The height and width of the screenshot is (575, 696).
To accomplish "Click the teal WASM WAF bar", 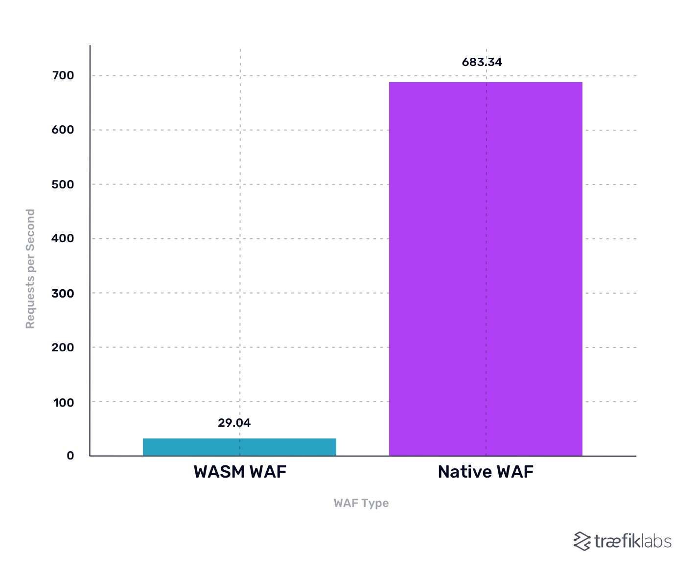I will (239, 447).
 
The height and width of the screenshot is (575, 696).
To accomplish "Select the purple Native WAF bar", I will (486, 269).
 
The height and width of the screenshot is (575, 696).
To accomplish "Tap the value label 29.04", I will (234, 423).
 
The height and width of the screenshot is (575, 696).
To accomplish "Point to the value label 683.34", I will (482, 62).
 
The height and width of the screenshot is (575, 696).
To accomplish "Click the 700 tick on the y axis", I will (63, 75).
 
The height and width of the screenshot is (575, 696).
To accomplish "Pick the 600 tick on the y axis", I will (63, 130).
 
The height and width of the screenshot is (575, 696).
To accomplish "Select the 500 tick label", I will (63, 184).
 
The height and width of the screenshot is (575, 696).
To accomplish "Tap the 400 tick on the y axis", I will (63, 238).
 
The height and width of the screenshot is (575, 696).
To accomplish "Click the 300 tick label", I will (63, 293).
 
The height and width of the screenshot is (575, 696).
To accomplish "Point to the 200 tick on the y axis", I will (63, 347).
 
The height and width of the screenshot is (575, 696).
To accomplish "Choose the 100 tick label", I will (64, 402).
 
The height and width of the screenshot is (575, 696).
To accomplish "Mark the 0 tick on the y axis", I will (70, 456).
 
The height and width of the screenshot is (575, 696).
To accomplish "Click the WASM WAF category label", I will (240, 472).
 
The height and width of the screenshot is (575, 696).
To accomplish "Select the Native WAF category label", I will (486, 472).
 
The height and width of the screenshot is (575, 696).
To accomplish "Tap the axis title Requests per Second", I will (30, 269).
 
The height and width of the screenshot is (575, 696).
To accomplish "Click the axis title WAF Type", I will (361, 503).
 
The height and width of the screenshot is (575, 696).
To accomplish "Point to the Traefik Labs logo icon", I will (582, 541).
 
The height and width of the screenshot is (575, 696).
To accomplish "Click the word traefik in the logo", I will (617, 541).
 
